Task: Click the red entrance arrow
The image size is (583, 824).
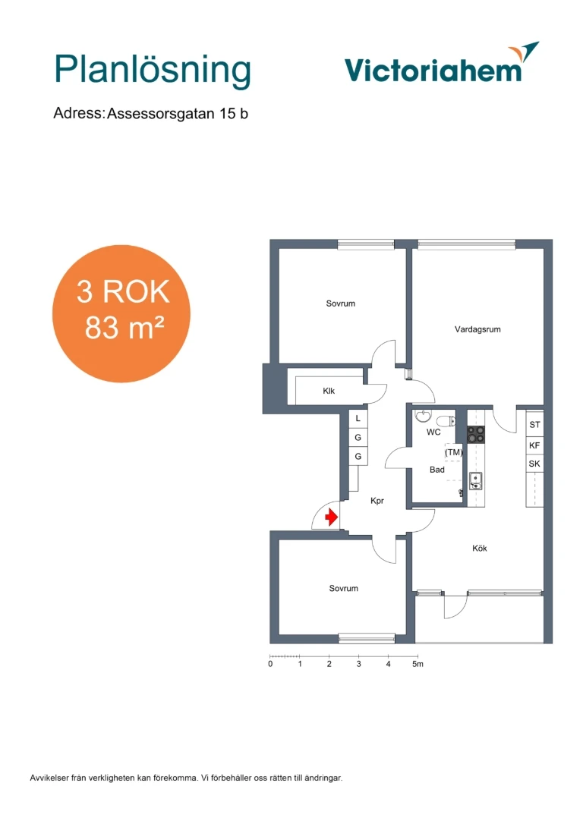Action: click(x=331, y=517)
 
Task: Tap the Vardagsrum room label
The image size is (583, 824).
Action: click(x=477, y=329)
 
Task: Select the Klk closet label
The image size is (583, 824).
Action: click(x=329, y=391)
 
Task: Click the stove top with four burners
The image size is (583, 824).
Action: click(x=476, y=435)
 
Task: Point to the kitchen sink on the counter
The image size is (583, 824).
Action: click(x=476, y=481)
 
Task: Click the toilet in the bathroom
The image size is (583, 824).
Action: click(x=446, y=421)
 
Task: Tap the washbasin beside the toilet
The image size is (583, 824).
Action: click(x=423, y=417)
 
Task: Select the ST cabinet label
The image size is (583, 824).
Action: click(x=534, y=425)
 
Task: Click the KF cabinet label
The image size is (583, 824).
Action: click(x=534, y=445)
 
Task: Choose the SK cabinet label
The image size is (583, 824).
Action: click(x=534, y=464)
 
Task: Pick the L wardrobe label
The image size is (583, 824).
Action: click(x=358, y=419)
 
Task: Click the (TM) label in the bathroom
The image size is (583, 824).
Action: click(x=454, y=452)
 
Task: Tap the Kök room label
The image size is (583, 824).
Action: click(x=480, y=548)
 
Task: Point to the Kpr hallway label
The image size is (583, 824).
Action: click(x=377, y=501)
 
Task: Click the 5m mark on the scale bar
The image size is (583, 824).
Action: click(x=418, y=664)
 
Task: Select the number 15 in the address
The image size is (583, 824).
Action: click(x=227, y=114)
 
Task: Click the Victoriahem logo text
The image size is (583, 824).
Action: click(x=433, y=71)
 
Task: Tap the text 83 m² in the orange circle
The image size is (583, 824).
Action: click(x=124, y=328)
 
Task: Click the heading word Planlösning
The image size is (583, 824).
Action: click(x=153, y=71)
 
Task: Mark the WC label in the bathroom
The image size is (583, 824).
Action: click(x=433, y=432)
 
